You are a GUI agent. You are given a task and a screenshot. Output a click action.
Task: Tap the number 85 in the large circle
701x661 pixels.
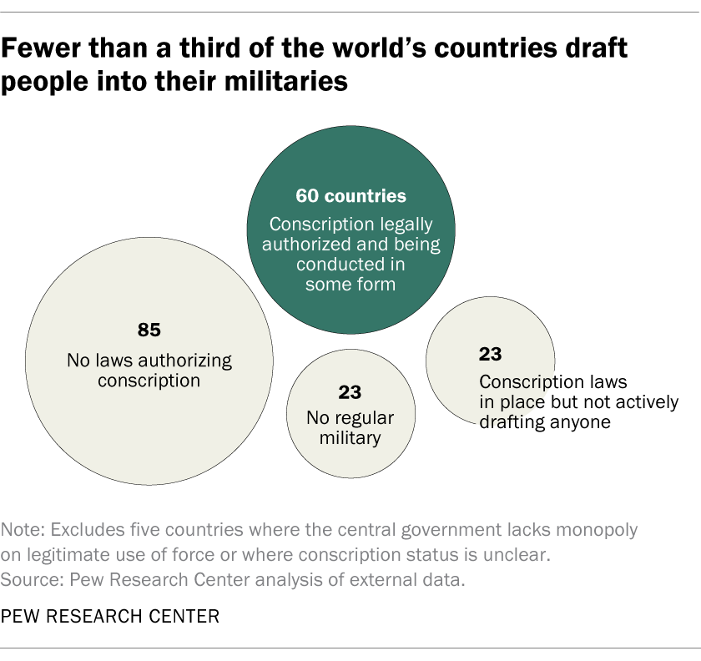click(149, 330)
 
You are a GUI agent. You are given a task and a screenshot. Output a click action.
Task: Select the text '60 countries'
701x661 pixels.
click(350, 197)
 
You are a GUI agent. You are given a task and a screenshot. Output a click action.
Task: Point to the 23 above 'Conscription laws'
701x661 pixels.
click(490, 354)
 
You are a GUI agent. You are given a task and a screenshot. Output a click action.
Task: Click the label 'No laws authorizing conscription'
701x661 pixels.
click(149, 371)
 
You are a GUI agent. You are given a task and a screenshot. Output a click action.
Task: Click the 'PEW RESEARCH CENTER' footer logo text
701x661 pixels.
click(110, 617)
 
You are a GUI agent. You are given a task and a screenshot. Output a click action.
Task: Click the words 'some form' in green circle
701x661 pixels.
click(350, 284)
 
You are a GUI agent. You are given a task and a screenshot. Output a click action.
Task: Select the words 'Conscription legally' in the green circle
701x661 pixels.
click(350, 226)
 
